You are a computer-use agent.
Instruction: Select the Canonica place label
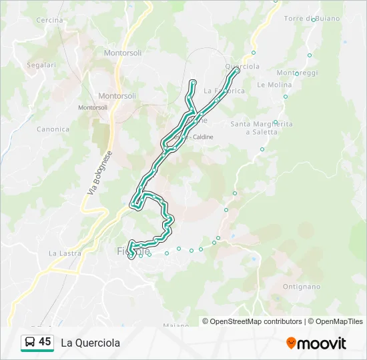pos(53,129)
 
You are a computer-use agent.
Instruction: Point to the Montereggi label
pos(297,72)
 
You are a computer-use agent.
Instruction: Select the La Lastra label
pos(65,253)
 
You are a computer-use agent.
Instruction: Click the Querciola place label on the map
pos(242,67)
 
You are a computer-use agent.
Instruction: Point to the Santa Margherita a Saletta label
pos(262,128)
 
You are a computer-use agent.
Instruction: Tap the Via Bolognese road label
pos(99,172)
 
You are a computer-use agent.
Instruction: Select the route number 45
pos(45,341)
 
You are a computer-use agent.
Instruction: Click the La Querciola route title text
pos(91,343)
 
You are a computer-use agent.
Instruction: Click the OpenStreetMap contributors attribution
pos(256,321)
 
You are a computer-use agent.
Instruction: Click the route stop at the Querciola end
pos(237,69)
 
